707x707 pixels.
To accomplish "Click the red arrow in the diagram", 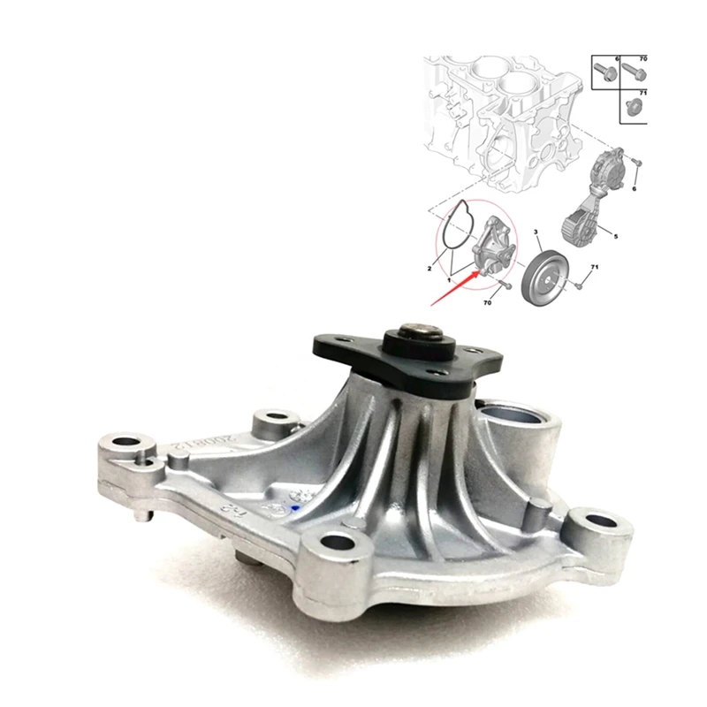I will (x=454, y=287).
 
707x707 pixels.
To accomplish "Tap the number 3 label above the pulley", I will (x=535, y=232).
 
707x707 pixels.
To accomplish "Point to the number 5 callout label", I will (x=616, y=236).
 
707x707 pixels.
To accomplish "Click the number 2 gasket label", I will (x=429, y=266).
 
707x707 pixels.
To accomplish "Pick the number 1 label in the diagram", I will (x=449, y=279).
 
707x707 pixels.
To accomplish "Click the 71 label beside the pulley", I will (x=594, y=266).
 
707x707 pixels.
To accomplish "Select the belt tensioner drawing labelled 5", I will (x=590, y=199).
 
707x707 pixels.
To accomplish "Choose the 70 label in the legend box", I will (x=642, y=58).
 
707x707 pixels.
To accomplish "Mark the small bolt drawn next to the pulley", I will (x=575, y=285).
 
